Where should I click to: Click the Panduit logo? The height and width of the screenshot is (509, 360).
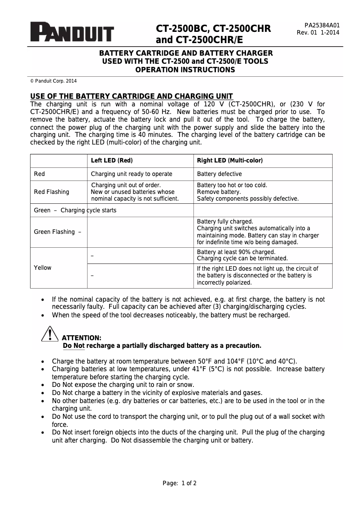point(72,32)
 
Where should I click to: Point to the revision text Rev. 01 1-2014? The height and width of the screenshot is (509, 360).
point(318,33)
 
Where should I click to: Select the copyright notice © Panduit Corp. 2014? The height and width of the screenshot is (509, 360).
point(53,81)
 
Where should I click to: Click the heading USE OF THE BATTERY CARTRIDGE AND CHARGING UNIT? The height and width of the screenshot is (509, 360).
point(131,97)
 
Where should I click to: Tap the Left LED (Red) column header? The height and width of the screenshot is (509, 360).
point(112,161)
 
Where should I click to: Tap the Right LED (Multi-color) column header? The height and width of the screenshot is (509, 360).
point(230,161)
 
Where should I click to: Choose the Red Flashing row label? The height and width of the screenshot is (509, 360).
point(52,192)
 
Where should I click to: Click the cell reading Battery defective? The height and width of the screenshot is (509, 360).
point(220,174)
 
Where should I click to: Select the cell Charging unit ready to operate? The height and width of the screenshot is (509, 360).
point(132,174)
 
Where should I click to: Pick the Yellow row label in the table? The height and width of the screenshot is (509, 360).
point(43,268)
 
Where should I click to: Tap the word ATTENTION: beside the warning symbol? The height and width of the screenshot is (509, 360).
point(81,338)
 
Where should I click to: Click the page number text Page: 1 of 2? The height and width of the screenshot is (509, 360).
point(180,483)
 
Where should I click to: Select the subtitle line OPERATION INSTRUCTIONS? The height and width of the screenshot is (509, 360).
point(185,70)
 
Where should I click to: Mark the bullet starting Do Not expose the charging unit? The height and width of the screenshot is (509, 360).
point(123,385)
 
